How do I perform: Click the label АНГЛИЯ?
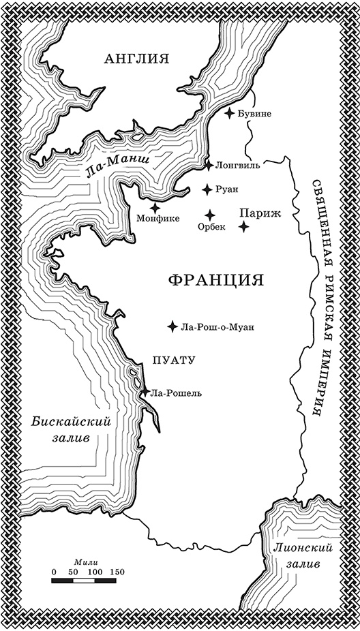click(x=136, y=59)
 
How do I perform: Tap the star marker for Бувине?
click(x=231, y=113)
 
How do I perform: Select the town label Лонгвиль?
click(x=237, y=165)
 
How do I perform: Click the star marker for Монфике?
click(x=155, y=207)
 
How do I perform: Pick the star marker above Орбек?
click(x=211, y=213)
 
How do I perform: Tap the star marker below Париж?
click(x=243, y=226)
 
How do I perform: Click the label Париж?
click(x=256, y=213)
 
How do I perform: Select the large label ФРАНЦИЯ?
click(x=215, y=280)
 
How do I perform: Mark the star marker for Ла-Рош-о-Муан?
click(x=172, y=326)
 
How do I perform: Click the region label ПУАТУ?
click(x=175, y=361)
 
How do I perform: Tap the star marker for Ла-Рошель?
click(x=144, y=391)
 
